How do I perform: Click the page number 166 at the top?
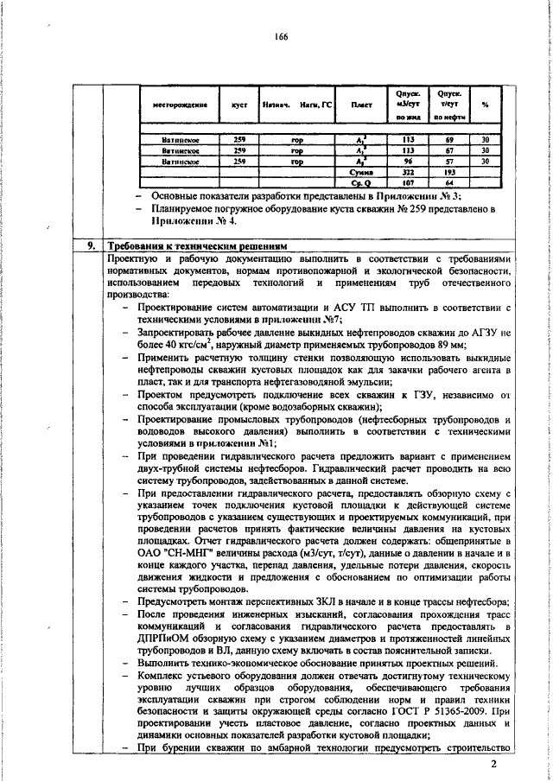[x=279, y=36]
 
